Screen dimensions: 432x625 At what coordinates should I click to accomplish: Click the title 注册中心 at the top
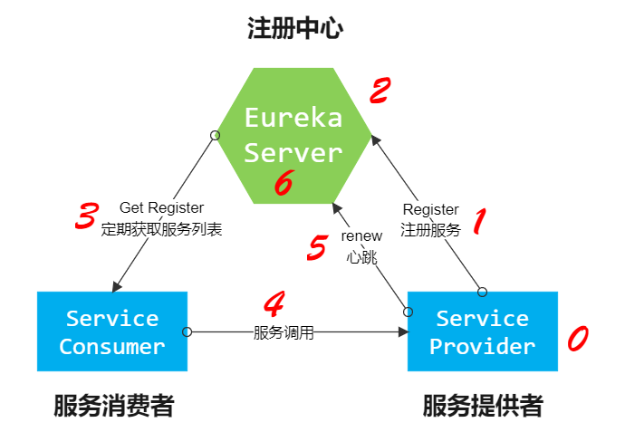click(x=295, y=29)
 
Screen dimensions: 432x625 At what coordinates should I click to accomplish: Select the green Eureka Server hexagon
click(x=293, y=135)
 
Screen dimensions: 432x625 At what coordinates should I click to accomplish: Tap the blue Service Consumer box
click(x=112, y=331)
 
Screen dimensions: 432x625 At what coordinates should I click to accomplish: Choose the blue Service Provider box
click(x=482, y=331)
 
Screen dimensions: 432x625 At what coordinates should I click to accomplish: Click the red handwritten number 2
click(x=380, y=90)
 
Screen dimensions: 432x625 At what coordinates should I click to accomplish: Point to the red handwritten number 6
click(x=283, y=184)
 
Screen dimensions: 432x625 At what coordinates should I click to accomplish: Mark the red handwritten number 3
click(x=86, y=217)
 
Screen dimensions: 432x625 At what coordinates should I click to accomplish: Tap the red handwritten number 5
click(x=316, y=247)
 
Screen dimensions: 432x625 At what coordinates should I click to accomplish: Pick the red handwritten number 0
click(x=577, y=339)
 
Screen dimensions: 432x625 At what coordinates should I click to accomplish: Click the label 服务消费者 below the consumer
click(x=113, y=406)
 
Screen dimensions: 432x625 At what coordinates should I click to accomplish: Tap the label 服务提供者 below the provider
click(x=483, y=406)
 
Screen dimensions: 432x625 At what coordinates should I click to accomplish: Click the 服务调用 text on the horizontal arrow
click(x=284, y=332)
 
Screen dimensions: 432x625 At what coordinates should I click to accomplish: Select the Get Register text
click(x=161, y=208)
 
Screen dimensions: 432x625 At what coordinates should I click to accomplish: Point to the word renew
click(x=361, y=235)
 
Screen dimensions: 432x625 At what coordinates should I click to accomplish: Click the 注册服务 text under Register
click(x=430, y=230)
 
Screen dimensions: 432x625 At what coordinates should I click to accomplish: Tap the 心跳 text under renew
click(x=361, y=256)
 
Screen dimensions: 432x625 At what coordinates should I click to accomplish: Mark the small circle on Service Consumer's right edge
click(x=187, y=331)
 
